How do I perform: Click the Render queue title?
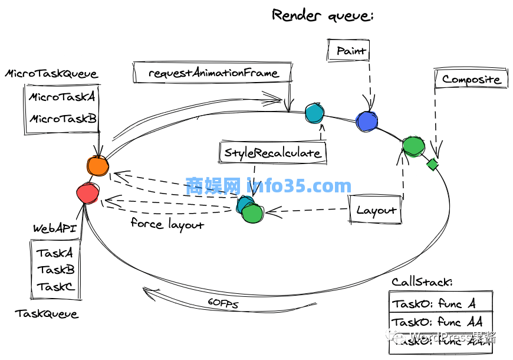click(322, 15)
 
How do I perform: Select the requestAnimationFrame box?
click(213, 73)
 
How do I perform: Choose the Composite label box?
click(471, 79)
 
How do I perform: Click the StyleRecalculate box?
click(272, 153)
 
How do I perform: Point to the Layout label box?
click(376, 210)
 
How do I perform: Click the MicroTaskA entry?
click(62, 97)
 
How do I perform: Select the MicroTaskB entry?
click(63, 119)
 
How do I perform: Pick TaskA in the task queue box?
click(55, 253)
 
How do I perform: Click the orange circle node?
click(97, 166)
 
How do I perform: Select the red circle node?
click(88, 192)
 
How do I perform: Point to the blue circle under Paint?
click(366, 121)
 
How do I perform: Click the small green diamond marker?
click(433, 164)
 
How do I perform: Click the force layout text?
click(167, 224)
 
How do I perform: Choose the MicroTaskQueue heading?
click(51, 74)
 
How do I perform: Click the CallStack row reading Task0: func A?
click(434, 305)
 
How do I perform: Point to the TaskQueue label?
click(47, 313)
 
